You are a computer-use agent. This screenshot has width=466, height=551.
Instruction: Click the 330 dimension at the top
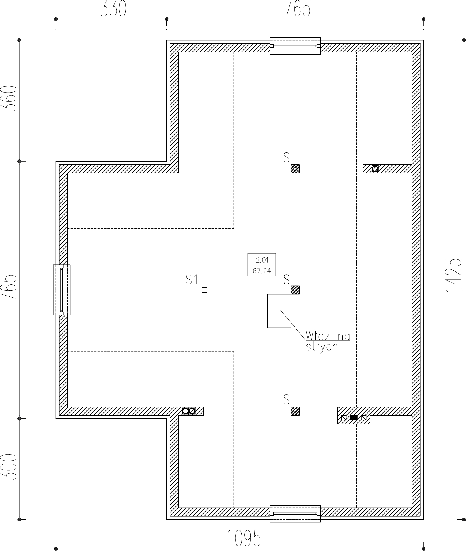click(113, 9)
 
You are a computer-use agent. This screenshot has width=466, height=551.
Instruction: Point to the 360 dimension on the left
click(9, 99)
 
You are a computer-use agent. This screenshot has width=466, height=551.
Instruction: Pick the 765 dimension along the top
click(297, 9)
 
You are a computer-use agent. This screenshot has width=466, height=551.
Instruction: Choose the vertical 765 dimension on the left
click(9, 287)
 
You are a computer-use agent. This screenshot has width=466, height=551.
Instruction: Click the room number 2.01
click(262, 259)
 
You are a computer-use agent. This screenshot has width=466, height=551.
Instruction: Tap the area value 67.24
click(262, 271)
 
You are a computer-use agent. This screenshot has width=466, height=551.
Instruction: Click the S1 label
click(192, 280)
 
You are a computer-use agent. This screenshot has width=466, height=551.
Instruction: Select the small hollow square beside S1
click(204, 290)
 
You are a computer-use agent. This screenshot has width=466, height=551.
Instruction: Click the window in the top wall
click(295, 46)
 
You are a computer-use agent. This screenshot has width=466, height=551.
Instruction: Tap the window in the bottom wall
click(295, 514)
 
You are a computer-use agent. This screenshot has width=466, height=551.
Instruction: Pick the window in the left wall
click(62, 290)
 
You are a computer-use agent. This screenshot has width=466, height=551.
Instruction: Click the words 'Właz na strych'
click(328, 342)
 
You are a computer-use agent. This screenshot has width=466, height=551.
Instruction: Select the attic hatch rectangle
click(279, 311)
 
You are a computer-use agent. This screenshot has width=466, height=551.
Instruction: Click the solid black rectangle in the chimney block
click(354, 418)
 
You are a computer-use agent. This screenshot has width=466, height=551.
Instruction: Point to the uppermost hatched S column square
click(295, 169)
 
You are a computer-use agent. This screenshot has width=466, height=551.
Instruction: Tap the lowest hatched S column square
click(295, 411)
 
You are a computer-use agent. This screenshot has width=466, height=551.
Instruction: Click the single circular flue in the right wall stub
click(375, 169)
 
